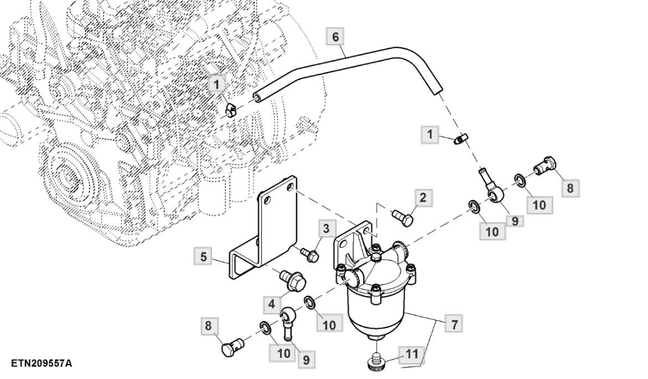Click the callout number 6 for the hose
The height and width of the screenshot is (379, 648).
(335, 37)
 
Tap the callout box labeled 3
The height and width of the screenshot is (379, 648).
(326, 228)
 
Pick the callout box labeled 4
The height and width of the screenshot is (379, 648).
(272, 304)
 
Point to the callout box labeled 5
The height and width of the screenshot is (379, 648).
(204, 257)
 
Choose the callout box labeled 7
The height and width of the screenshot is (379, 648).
(454, 324)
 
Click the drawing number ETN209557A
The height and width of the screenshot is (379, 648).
(41, 363)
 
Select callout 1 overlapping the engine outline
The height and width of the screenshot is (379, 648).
(216, 85)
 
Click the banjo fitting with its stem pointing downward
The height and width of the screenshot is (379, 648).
(287, 324)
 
